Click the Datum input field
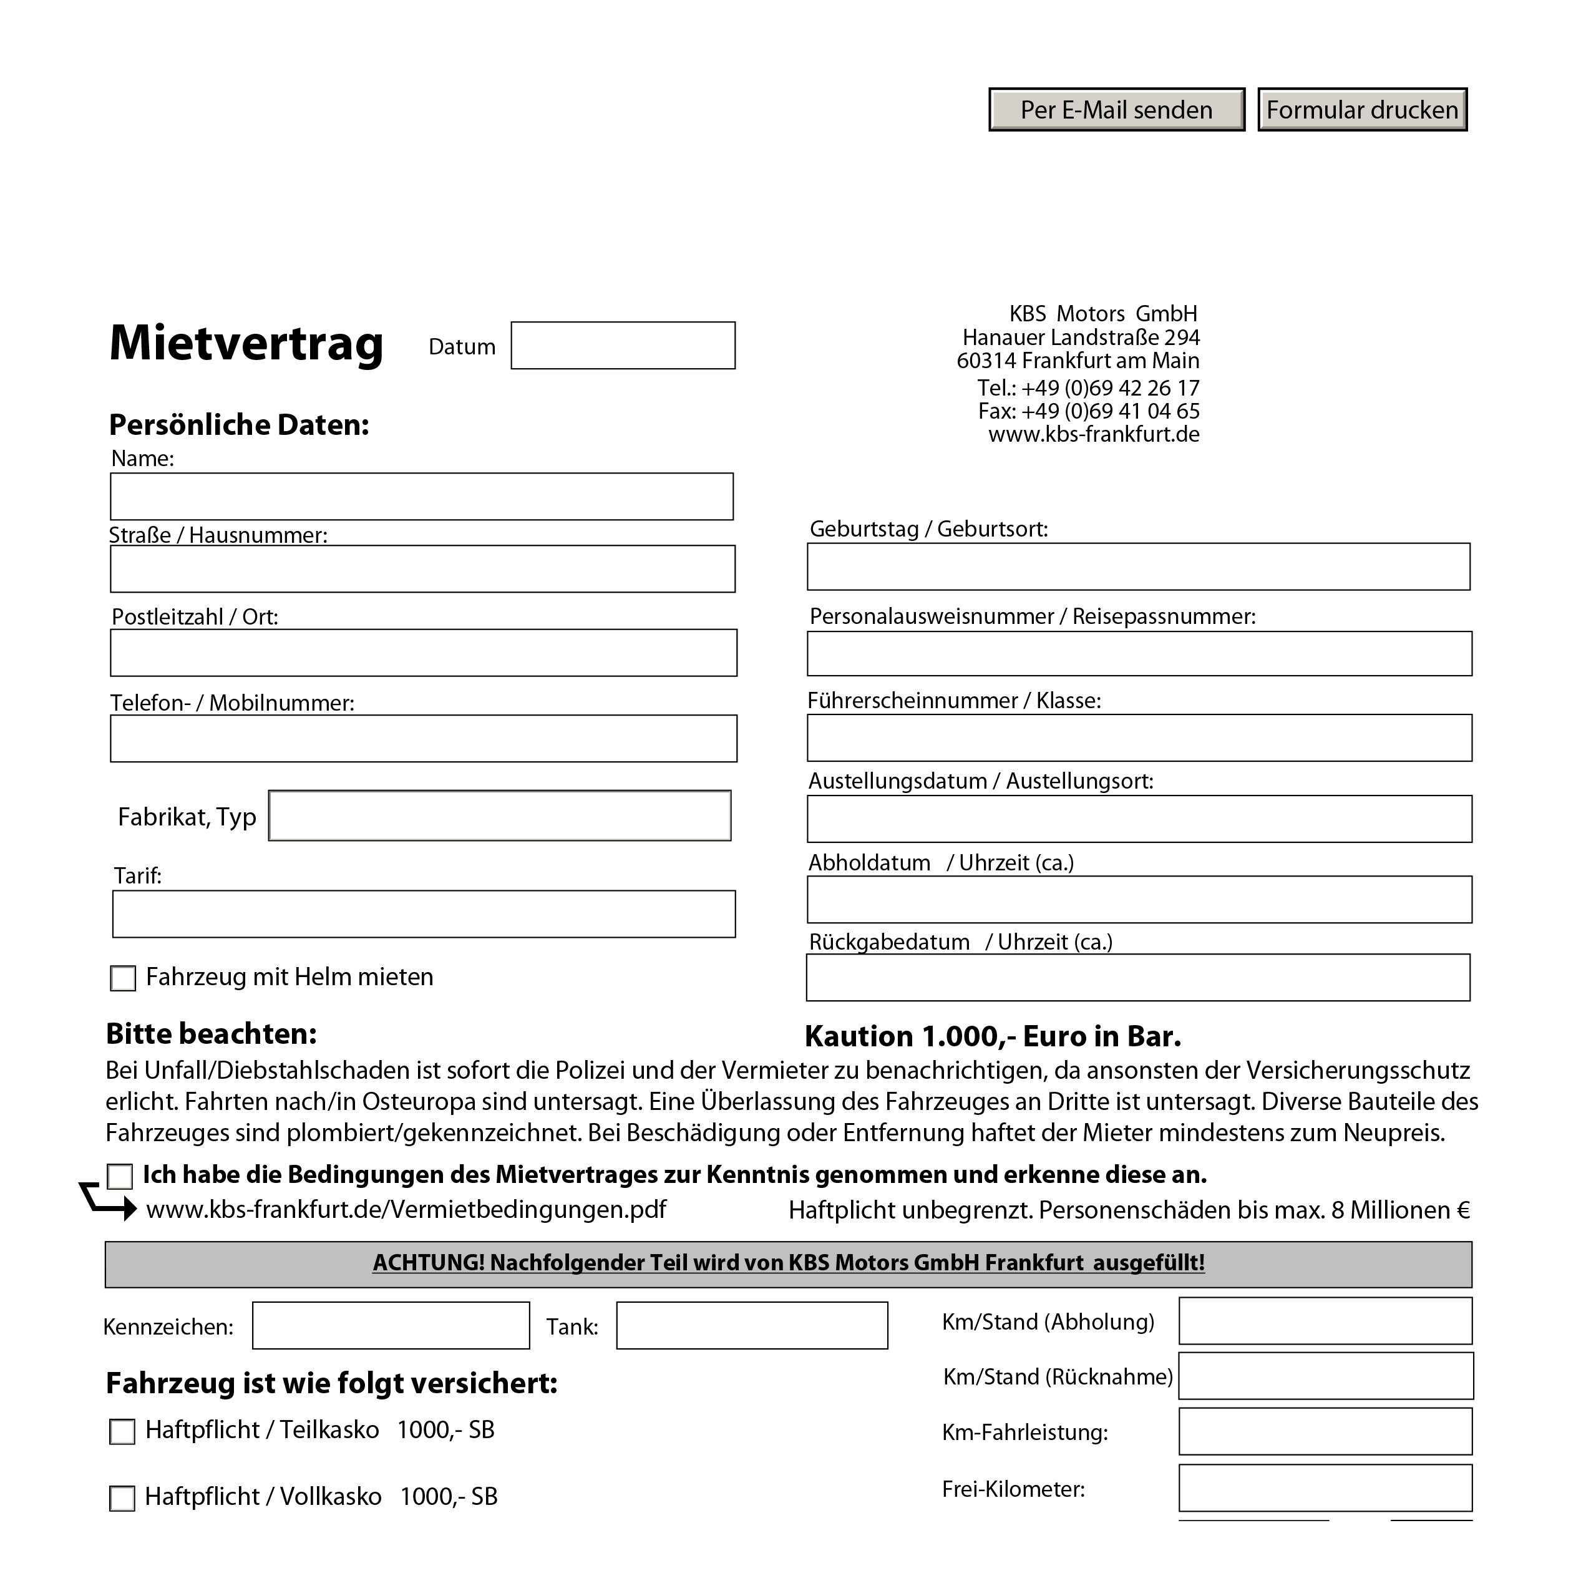(x=623, y=346)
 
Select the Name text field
(x=422, y=497)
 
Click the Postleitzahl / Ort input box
(x=423, y=653)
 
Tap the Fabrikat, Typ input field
(x=500, y=816)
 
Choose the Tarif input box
(x=423, y=914)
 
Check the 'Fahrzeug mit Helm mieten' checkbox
(x=123, y=978)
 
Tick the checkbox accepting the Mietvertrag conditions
(x=120, y=1177)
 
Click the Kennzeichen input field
(x=391, y=1326)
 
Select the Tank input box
(x=752, y=1326)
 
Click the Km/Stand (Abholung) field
(x=1325, y=1321)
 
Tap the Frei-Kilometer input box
(x=1325, y=1488)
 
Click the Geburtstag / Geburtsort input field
(x=1138, y=567)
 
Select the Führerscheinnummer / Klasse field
(x=1139, y=738)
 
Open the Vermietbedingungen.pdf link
(x=406, y=1210)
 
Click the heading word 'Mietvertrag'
(x=246, y=343)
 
